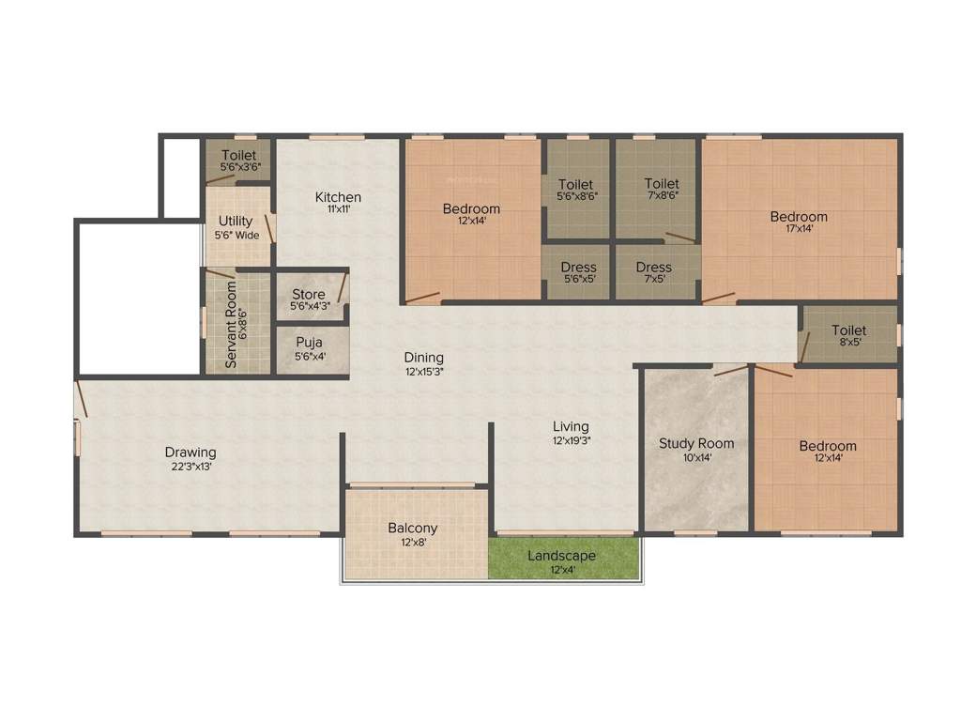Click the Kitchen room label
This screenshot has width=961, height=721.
[x=338, y=197]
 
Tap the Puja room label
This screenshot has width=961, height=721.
[x=310, y=343]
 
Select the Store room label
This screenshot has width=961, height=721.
[x=309, y=295]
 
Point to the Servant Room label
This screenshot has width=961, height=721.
[x=231, y=325]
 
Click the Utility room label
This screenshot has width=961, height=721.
[x=236, y=222]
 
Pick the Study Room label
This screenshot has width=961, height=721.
[x=696, y=443]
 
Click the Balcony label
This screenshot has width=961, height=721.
[x=413, y=529]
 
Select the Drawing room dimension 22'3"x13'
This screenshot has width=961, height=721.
[x=191, y=466]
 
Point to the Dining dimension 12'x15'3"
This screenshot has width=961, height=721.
[x=424, y=371]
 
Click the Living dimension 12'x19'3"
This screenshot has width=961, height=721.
[x=571, y=439]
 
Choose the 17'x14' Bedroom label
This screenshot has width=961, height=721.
[x=799, y=217]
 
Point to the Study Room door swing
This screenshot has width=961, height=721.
[x=729, y=370]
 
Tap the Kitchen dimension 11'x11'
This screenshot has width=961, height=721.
[x=338, y=210]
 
